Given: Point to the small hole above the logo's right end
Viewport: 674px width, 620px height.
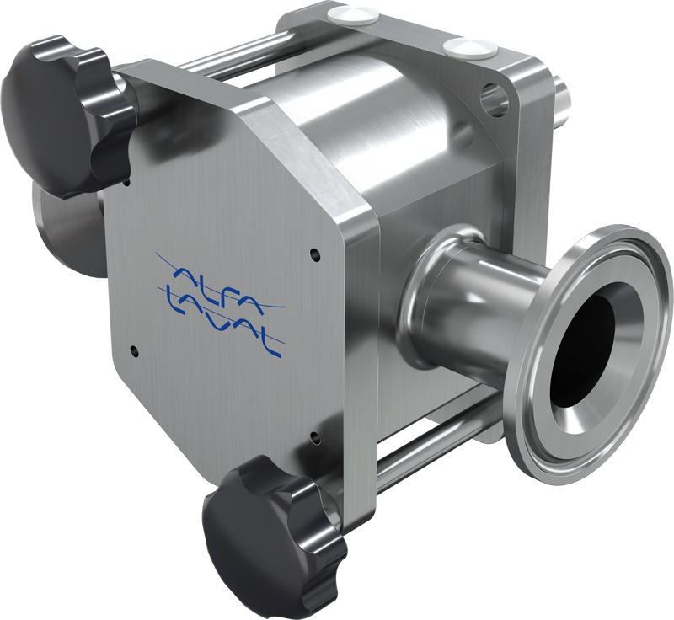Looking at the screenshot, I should [x=314, y=252].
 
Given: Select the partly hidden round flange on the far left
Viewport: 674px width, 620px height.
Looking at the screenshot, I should [x=63, y=227].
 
